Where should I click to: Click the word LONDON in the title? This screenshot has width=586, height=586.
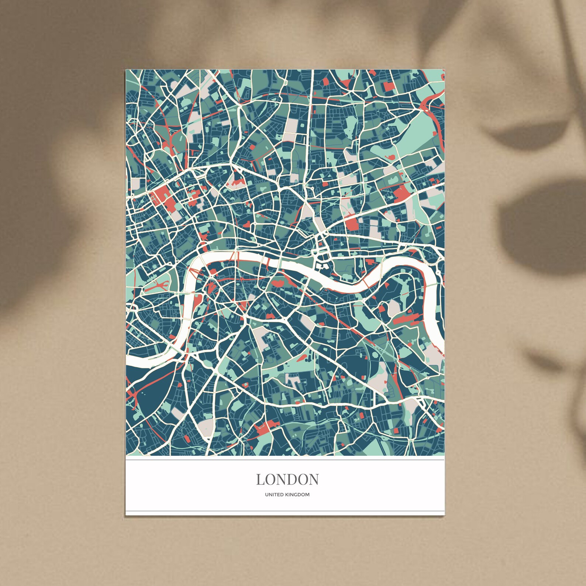(287, 479)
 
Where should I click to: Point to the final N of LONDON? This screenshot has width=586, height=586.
(314, 479)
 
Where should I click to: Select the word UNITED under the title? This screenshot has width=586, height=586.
(273, 495)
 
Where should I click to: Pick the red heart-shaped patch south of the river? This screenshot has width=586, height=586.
(278, 283)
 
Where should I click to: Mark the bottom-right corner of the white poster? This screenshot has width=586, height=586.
(444, 514)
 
